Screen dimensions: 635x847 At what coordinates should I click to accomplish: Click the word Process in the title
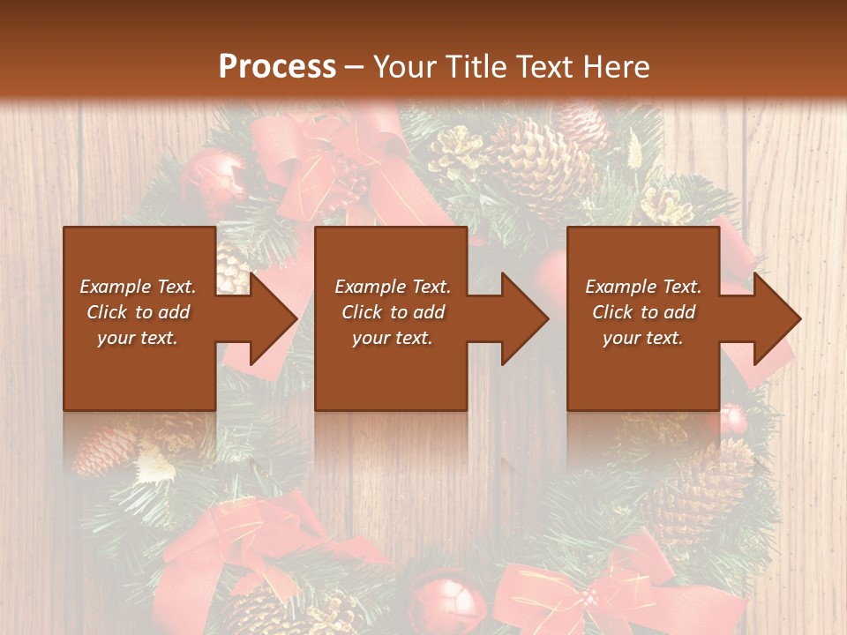tap(277, 66)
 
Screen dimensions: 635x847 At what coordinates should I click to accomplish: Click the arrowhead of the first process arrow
tap(274, 318)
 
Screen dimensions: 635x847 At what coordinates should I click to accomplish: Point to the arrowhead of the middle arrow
tap(525, 318)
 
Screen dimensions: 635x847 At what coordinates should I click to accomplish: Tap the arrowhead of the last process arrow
tap(777, 318)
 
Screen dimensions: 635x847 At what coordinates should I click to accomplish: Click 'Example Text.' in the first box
tap(138, 287)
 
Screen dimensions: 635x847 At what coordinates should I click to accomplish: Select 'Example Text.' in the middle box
tap(392, 287)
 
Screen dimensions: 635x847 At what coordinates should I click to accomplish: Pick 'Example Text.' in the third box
tap(643, 287)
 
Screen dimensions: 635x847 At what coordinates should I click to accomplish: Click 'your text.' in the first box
tap(138, 338)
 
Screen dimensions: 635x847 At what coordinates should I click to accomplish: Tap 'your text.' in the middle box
tap(392, 338)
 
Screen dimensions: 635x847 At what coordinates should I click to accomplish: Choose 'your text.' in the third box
tap(643, 338)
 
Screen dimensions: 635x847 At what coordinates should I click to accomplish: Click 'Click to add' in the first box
tap(138, 312)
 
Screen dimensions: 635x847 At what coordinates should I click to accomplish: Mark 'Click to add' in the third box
tap(643, 312)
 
